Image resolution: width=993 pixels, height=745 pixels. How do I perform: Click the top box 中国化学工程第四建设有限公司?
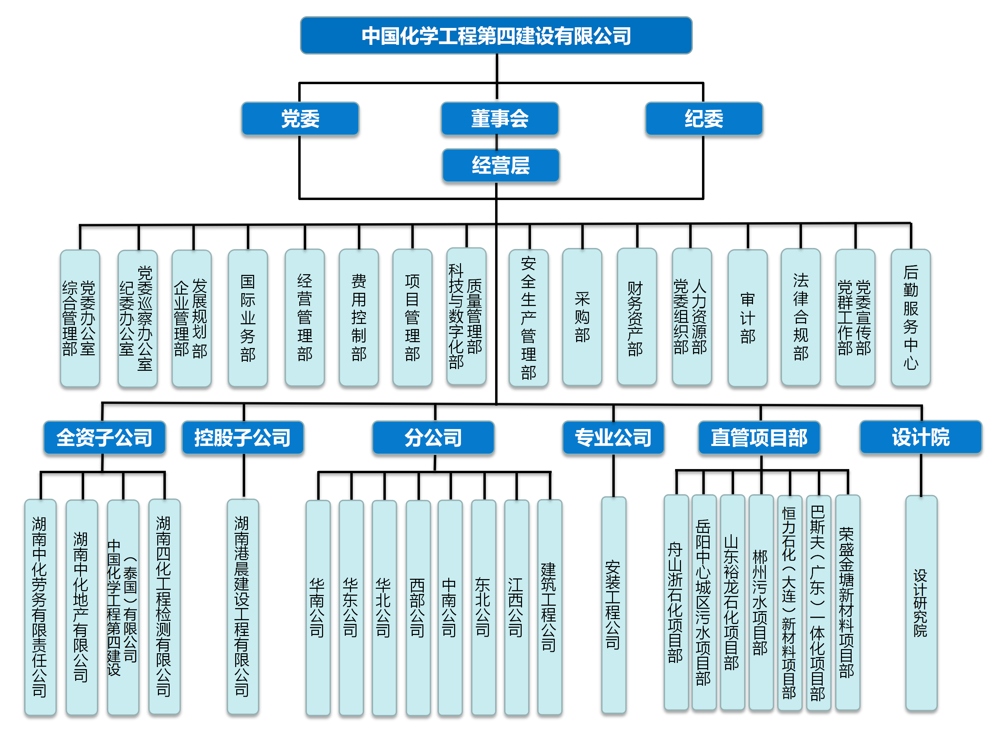[496, 36]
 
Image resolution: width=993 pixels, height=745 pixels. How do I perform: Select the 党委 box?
[300, 119]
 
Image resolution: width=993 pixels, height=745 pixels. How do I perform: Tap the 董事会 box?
[500, 119]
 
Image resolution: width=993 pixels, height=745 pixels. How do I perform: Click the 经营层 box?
[501, 165]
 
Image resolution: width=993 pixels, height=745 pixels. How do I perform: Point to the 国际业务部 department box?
[248, 318]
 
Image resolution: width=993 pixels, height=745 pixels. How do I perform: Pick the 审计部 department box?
[748, 318]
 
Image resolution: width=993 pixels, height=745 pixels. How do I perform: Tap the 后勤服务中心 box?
[910, 318]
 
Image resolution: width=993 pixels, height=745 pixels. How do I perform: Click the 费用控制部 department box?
[359, 318]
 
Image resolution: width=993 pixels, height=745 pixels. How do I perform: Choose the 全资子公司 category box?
[104, 437]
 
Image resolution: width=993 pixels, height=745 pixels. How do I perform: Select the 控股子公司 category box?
[243, 437]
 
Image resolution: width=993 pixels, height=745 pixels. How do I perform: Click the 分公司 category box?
[433, 437]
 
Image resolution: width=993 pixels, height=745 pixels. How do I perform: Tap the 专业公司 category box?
[613, 437]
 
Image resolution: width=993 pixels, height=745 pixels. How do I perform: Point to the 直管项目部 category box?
[759, 437]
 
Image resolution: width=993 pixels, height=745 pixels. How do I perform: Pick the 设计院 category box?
[921, 437]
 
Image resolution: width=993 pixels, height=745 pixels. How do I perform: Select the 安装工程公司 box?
[613, 604]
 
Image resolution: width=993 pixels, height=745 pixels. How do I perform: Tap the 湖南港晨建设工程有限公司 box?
[242, 606]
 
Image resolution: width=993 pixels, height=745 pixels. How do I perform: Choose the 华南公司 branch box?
[318, 607]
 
